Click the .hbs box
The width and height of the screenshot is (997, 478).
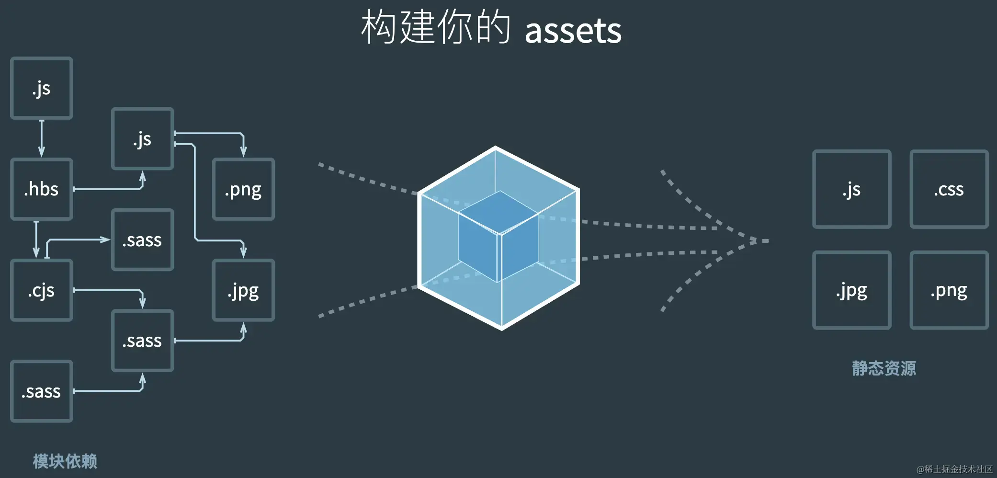[42, 189]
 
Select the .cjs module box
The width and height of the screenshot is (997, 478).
[42, 290]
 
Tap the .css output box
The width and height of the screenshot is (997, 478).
[949, 189]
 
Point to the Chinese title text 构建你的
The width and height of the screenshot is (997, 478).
[435, 28]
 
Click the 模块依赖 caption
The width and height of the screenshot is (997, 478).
[65, 461]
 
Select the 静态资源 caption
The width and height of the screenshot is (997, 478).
[884, 368]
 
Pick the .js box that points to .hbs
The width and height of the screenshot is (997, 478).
[42, 88]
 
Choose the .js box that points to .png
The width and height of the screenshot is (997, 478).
[142, 139]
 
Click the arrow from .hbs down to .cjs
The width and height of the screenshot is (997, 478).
[36, 239]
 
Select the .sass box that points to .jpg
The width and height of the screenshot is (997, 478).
[142, 341]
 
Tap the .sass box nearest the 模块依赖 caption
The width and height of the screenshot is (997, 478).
[42, 391]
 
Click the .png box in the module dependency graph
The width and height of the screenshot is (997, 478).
[243, 189]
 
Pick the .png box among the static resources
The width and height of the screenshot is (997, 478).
[949, 290]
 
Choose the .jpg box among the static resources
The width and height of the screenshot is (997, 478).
[851, 290]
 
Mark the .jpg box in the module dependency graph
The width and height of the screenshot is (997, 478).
[243, 290]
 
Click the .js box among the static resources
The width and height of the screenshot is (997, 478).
[851, 189]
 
